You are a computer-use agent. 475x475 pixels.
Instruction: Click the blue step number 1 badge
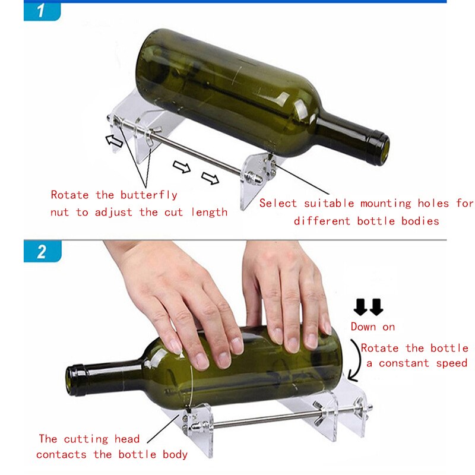click(42, 12)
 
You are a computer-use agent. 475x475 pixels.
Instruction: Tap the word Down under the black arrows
click(363, 327)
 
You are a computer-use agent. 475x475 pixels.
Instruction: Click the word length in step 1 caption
click(210, 212)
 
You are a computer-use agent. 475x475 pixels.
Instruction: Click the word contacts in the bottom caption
click(62, 455)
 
